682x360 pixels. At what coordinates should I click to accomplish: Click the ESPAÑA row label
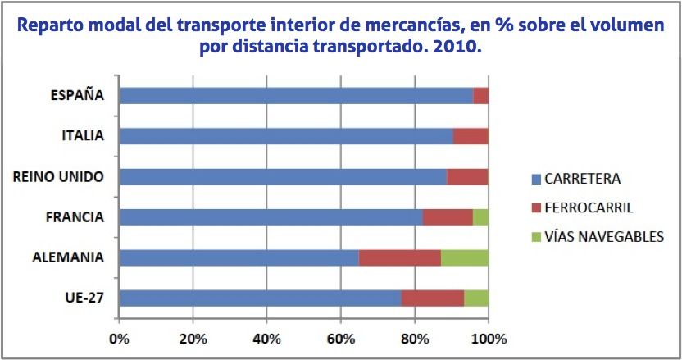click(x=77, y=94)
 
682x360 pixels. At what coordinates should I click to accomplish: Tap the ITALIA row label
click(x=83, y=135)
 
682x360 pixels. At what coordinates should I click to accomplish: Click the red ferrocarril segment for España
click(x=481, y=95)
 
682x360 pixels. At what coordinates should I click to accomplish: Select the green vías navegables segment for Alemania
click(x=465, y=257)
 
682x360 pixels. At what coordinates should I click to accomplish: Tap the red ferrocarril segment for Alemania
click(x=400, y=257)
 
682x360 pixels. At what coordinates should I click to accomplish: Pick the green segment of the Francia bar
click(x=480, y=217)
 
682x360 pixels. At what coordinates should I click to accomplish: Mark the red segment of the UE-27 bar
click(x=433, y=298)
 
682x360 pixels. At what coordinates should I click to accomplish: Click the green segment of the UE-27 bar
click(x=476, y=298)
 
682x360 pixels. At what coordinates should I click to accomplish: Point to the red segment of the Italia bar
click(x=471, y=135)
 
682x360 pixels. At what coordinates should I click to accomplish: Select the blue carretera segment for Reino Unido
click(x=283, y=176)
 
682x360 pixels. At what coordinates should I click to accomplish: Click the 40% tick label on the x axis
click(x=267, y=338)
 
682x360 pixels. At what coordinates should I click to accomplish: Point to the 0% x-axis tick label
click(x=120, y=338)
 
